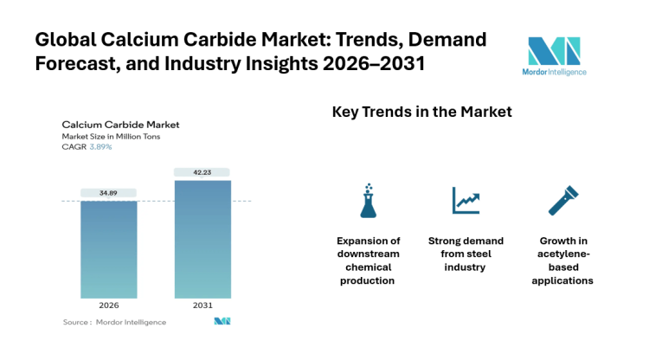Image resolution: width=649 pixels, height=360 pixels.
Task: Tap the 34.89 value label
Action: pos(108,192)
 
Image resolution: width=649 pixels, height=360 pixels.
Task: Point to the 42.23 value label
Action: pos(202,171)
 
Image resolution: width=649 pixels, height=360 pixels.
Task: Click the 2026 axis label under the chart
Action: pos(108,306)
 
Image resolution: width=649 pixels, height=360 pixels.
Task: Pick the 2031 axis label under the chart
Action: pos(202,306)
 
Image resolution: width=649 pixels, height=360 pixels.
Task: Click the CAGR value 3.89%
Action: pos(101,146)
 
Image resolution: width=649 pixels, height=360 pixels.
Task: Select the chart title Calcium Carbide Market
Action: pos(119,125)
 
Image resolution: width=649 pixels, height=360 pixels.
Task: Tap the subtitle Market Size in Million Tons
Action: pos(111,136)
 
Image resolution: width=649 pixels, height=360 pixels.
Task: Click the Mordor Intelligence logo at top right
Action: pos(556,55)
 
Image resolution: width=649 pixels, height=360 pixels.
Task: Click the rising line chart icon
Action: pos(466,200)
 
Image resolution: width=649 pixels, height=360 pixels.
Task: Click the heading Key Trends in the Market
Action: pos(422,112)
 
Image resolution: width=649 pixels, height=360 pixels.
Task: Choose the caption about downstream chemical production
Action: pos(369,260)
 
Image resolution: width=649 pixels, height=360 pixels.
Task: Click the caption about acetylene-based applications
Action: pos(565,260)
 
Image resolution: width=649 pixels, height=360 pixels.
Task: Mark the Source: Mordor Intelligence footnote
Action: pos(114,322)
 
